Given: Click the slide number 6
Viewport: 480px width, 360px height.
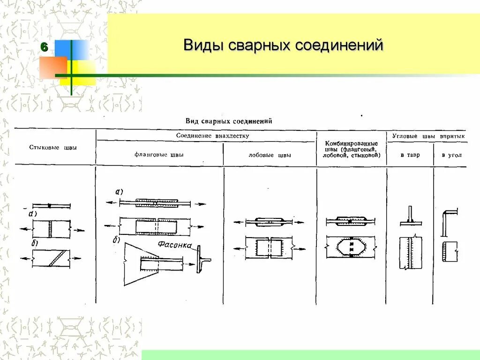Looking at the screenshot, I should pos(44,47).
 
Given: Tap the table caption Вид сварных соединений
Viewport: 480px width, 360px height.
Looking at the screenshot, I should pos(229,120).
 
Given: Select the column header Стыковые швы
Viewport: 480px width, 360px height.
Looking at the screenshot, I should pos(53,148).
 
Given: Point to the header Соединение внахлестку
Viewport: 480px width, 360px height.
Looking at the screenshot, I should pos(212,135).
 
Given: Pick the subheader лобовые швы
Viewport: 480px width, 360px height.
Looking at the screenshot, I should pos(270,155).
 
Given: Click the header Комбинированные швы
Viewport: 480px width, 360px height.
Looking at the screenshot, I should pos(351,148).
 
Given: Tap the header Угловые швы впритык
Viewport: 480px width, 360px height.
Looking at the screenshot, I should pos(428,135).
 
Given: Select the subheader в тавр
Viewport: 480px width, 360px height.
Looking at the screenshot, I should pos(410,155).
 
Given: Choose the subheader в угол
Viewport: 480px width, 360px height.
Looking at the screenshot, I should pos(451,155).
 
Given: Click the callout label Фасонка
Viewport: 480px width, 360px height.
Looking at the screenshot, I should pos(173,244).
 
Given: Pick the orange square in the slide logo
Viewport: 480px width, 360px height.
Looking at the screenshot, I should pos(53,67).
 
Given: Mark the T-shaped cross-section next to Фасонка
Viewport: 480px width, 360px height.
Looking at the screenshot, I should pos(202,259).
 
